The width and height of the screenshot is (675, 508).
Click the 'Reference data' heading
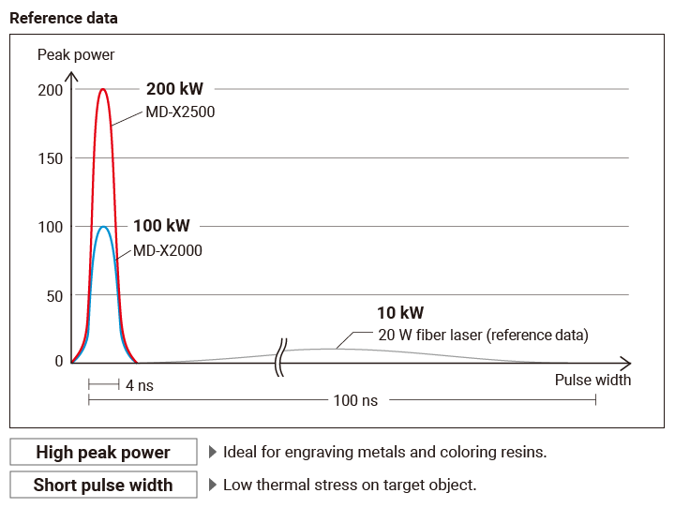pyautogui.click(x=64, y=18)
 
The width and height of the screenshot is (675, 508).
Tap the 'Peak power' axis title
pyautogui.click(x=76, y=54)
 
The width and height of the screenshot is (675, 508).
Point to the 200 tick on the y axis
pyautogui.click(x=51, y=90)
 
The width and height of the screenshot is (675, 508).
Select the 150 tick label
pyautogui.click(x=51, y=158)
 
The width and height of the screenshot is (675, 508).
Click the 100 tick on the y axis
pyautogui.click(x=51, y=227)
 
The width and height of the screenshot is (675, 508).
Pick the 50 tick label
pyautogui.click(x=54, y=295)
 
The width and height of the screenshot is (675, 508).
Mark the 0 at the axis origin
pyautogui.click(x=59, y=361)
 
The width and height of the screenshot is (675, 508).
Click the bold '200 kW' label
pyautogui.click(x=174, y=89)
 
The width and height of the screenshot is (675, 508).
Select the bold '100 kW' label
pyautogui.click(x=161, y=226)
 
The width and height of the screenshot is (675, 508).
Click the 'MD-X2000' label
pyautogui.click(x=168, y=250)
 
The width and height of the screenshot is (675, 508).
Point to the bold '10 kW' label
pyautogui.click(x=401, y=313)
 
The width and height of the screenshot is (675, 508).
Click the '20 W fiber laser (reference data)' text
pyautogui.click(x=483, y=335)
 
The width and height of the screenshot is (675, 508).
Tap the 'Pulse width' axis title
pyautogui.click(x=592, y=380)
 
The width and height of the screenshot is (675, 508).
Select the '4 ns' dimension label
pyautogui.click(x=140, y=385)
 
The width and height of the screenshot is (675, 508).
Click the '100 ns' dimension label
pyautogui.click(x=355, y=400)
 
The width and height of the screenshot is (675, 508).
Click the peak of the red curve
pyautogui.click(x=103, y=90)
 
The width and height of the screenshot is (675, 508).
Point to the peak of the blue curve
pyautogui.click(x=103, y=227)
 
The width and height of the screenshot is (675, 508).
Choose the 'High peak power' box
pyautogui.click(x=103, y=452)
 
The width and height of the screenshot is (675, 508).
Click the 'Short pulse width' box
pyautogui.click(x=103, y=485)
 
